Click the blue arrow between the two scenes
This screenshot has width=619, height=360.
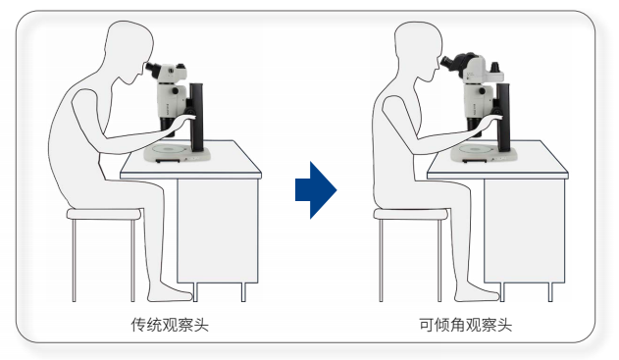point(316,190)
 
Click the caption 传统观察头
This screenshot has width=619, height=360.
point(170,325)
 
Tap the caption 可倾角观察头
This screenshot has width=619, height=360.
point(465,325)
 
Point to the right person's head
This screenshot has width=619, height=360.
point(417,49)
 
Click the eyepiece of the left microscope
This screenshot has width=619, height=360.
point(152,69)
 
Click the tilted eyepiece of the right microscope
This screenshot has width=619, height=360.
point(448,63)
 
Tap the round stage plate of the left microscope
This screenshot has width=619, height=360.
point(169,149)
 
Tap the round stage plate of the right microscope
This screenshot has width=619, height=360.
point(475,149)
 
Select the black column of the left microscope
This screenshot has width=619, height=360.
point(196,118)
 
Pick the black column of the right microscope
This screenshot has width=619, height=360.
point(503,118)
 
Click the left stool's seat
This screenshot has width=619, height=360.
point(104,214)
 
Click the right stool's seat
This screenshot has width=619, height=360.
point(411,214)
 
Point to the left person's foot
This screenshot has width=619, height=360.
point(170,293)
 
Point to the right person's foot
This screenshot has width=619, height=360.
point(477,293)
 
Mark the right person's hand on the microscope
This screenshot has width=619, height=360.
point(492,118)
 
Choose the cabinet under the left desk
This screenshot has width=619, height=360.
point(217,231)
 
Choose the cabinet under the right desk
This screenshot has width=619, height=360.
point(524,231)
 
